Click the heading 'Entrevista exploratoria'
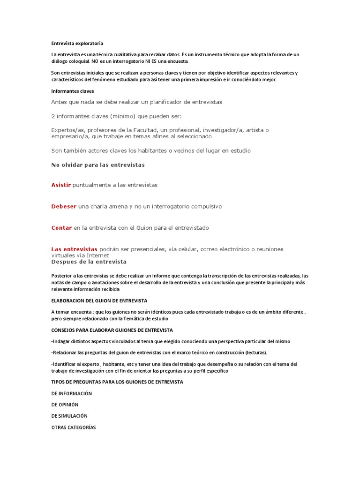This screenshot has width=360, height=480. click(77, 43)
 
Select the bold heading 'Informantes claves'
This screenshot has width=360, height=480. click(73, 91)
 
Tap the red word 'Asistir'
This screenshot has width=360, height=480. click(61, 185)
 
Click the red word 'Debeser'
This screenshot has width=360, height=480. click(64, 206)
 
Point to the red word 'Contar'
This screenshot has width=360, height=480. click(61, 228)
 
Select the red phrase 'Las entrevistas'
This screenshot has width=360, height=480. click(74, 249)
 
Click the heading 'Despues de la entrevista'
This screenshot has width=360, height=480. click(89, 262)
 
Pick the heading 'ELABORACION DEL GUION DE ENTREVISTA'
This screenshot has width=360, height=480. click(99, 300)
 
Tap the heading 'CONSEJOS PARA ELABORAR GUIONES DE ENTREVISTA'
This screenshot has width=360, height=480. click(112, 330)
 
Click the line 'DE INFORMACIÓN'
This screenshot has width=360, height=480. click(72, 393)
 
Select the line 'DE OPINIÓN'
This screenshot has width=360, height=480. click(65, 405)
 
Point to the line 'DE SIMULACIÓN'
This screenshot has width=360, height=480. click(69, 416)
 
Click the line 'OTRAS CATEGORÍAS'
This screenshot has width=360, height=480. click(74, 427)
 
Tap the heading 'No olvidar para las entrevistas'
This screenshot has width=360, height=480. click(98, 165)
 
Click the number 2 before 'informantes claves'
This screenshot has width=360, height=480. click(53, 116)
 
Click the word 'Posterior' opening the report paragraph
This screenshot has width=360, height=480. click(62, 276)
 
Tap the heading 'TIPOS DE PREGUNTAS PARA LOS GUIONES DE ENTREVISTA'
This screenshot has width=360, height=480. click(117, 382)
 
